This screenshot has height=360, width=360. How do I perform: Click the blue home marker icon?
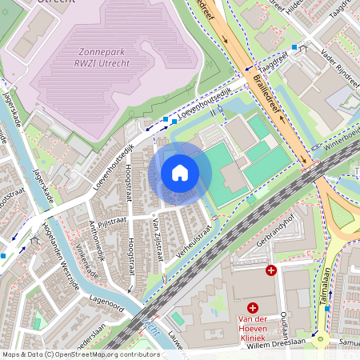[180, 173]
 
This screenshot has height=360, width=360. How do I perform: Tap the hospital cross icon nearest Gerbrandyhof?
[271, 270]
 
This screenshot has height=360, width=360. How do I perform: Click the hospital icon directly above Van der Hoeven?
[253, 307]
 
